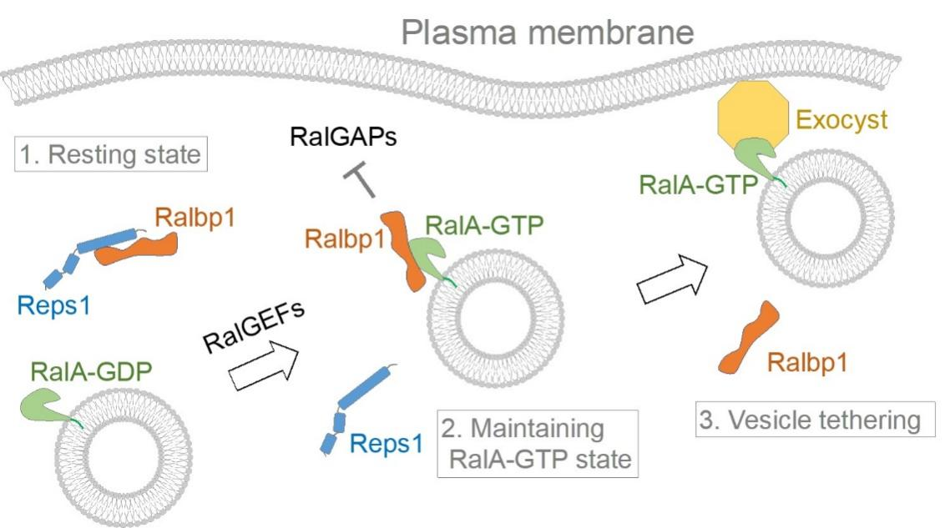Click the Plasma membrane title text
(548, 33)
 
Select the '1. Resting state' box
(110, 155)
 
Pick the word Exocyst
(841, 122)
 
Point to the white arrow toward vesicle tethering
(672, 280)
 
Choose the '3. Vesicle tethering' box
(810, 420)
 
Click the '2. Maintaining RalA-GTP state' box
(537, 443)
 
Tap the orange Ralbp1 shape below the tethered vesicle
(748, 338)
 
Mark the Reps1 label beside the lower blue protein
(387, 443)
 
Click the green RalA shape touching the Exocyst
(753, 156)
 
